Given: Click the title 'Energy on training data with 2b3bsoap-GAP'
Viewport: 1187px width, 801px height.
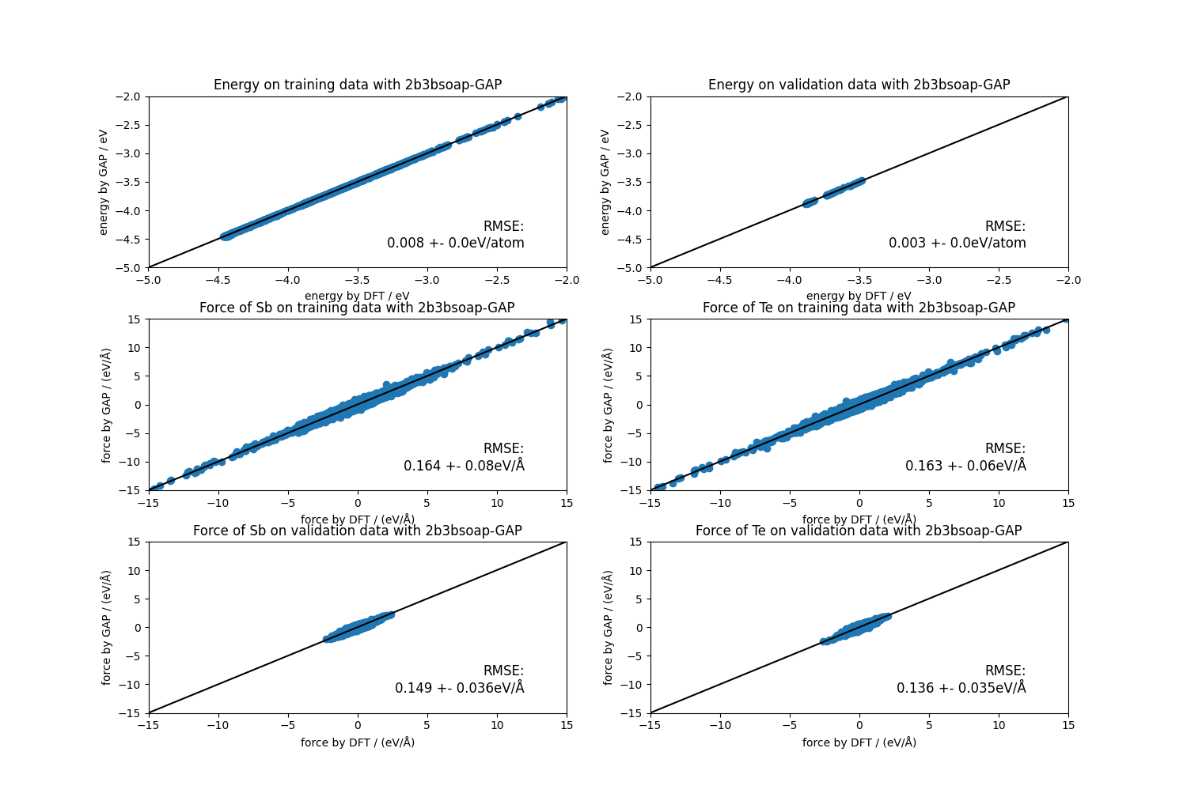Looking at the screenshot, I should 357,85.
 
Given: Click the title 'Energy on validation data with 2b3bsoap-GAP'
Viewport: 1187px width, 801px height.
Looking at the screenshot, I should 859,85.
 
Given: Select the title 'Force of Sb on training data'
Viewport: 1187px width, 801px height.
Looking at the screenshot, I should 357,308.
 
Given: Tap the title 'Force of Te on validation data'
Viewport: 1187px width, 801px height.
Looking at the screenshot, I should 859,531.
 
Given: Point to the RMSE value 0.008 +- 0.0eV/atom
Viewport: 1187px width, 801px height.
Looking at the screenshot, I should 456,243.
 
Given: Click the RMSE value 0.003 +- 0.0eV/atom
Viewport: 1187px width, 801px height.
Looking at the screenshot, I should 958,243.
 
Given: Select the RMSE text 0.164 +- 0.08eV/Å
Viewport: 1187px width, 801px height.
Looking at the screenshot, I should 464,466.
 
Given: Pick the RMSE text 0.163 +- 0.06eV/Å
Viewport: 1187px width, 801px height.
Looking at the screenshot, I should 965,466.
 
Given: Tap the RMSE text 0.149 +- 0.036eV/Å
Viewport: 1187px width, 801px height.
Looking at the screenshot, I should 460,688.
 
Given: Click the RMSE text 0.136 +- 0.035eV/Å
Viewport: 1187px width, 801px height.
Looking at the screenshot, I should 961,688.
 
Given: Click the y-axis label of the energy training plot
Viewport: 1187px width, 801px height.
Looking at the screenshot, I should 104,182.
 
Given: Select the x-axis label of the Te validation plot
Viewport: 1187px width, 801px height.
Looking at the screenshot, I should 859,742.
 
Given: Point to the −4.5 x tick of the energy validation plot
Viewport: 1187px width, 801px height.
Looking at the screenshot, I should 719,280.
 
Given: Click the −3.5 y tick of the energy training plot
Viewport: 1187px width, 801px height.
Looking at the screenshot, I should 130,182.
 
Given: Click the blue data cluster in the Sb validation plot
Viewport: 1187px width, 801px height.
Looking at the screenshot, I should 358,627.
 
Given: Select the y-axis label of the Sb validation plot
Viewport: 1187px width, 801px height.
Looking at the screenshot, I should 106,627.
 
